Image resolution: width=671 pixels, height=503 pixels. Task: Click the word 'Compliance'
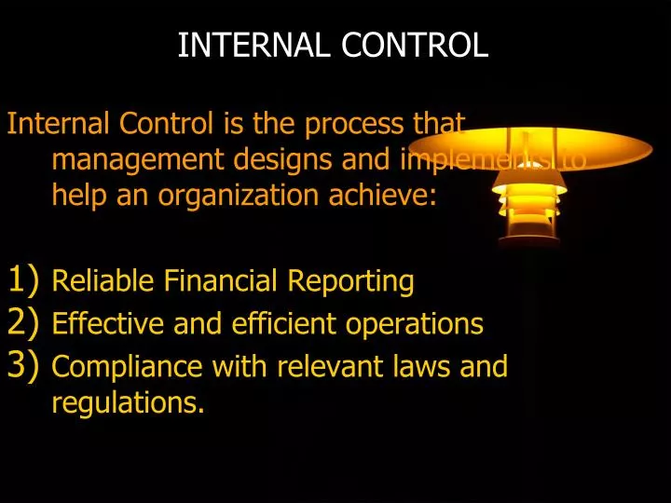(129, 367)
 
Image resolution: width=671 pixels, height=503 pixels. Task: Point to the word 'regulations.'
(128, 403)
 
